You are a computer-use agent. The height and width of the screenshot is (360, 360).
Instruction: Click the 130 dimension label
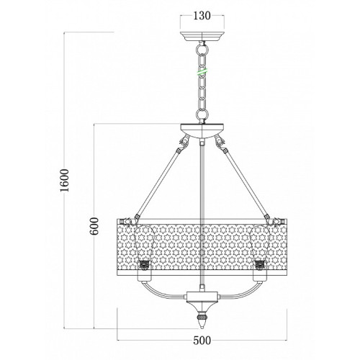coord(202,16)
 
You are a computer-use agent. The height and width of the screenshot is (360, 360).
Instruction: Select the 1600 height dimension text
coord(65,180)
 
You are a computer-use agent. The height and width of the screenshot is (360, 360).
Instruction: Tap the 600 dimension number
coord(94,226)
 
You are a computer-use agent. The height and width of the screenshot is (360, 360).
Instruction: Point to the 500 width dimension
coord(202,341)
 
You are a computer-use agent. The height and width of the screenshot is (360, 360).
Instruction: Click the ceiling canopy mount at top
coord(202,37)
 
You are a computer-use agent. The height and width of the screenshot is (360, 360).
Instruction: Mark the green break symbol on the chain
coord(202,72)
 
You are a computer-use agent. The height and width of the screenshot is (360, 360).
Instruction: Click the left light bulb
coord(143,244)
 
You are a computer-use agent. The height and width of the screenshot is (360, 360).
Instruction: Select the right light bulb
coord(261,244)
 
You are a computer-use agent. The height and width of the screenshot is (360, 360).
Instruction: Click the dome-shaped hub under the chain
coord(202,130)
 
